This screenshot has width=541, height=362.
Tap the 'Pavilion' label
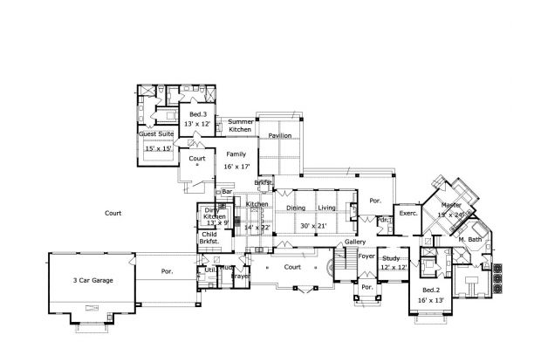click(280, 136)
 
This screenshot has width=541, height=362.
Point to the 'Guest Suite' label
click(154, 134)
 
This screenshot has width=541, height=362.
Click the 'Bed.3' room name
click(198, 114)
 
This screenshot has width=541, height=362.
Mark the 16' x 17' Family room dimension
click(236, 165)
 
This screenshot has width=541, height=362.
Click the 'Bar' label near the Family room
click(227, 190)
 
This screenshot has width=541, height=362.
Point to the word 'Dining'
click(297, 208)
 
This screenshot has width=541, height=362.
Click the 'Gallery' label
click(355, 242)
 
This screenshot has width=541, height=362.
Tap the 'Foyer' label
click(366, 257)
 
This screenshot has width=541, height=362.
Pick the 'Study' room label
click(392, 257)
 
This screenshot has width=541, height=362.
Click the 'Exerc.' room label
click(407, 213)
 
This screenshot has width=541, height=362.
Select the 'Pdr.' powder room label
click(384, 220)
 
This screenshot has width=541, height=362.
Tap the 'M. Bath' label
click(470, 239)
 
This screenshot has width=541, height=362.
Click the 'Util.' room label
click(210, 271)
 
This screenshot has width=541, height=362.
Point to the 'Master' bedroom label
click(451, 205)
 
